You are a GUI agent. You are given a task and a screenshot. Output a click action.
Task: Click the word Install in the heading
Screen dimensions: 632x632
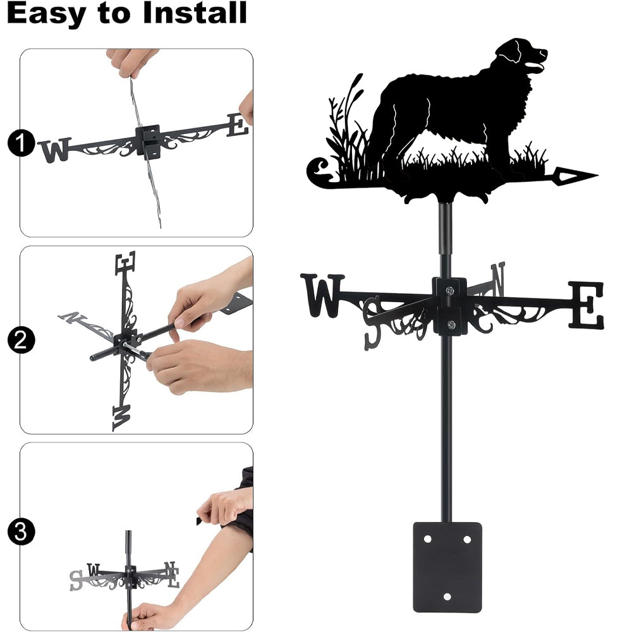(x=195, y=13)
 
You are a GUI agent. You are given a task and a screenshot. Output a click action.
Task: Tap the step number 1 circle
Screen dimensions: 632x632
(x=21, y=143)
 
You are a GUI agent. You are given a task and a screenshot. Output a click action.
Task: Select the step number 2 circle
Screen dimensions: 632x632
(x=21, y=340)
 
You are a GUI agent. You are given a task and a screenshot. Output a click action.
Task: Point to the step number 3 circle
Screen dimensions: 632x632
(x=21, y=532)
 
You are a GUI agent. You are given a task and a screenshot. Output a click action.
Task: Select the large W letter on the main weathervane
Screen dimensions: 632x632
(x=322, y=295)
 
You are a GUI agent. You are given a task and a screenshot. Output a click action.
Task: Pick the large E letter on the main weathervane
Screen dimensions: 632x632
(x=586, y=305)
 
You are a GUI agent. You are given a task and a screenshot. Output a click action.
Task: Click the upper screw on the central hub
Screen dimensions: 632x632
(x=450, y=290)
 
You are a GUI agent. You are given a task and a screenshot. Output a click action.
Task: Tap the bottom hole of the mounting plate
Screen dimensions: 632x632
(x=447, y=597)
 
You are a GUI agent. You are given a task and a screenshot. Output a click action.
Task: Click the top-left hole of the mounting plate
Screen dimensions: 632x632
(x=428, y=539)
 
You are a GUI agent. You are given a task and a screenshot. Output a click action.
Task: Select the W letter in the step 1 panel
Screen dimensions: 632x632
(x=55, y=150)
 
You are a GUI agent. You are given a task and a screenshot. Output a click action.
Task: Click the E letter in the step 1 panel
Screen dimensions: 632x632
(x=238, y=125)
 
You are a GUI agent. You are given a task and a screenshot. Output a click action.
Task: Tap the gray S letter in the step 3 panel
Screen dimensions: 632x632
(x=76, y=580)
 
